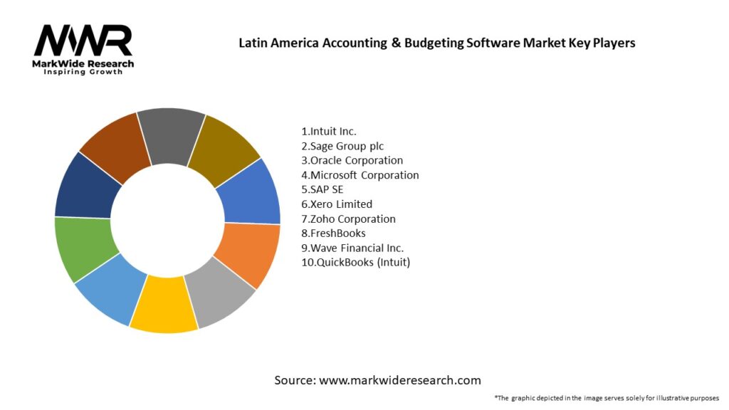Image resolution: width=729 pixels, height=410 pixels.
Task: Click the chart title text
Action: (436, 43)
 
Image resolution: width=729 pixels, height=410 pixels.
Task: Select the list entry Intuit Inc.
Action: (329, 131)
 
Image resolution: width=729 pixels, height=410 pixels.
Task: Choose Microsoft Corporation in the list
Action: (360, 175)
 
